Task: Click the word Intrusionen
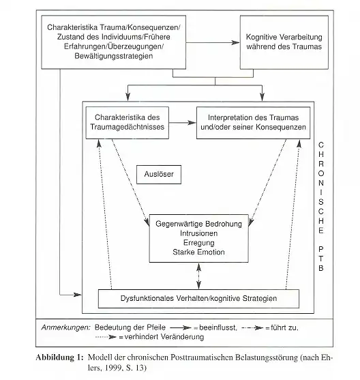click(x=198, y=233)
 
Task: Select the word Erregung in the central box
click(x=198, y=243)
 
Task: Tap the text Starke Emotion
click(x=198, y=252)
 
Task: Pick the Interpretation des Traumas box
click(x=252, y=123)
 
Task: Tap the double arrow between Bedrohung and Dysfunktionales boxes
click(x=198, y=277)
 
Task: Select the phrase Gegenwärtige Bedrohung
click(x=198, y=224)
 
